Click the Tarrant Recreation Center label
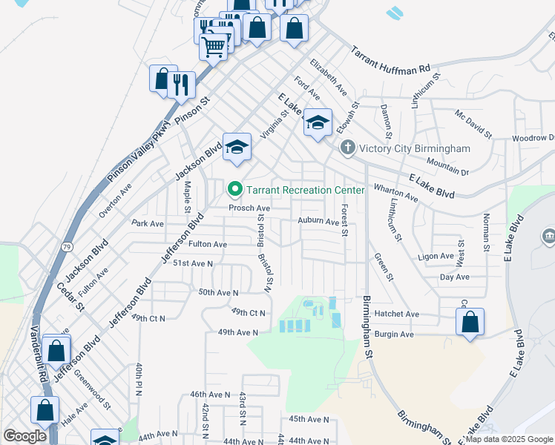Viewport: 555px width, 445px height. pos(306,190)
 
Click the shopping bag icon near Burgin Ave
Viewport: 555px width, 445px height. pos(470,323)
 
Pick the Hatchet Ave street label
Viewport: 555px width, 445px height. pos(397,314)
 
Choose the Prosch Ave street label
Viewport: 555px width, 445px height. pos(249,208)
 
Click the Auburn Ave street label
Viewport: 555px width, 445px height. pos(318,221)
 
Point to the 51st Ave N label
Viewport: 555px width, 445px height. pos(193,263)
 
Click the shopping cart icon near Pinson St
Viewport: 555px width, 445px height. pos(213,47)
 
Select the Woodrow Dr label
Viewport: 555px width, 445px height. pos(533,139)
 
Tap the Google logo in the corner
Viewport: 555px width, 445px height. pos(25,436)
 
